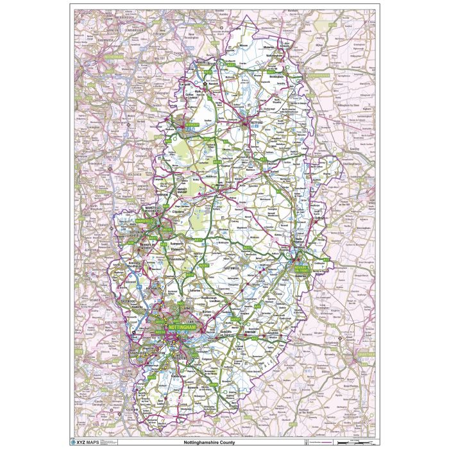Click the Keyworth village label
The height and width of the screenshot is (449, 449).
point(207,370)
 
